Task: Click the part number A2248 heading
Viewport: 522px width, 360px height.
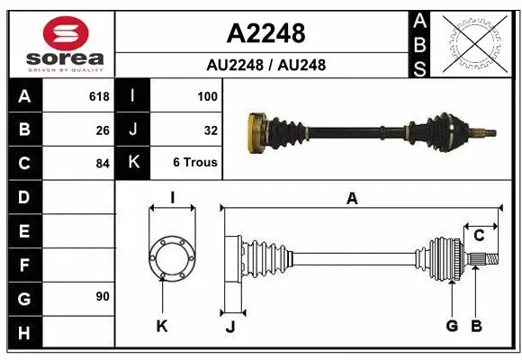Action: [x=265, y=33]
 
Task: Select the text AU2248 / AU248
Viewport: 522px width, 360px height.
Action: [x=265, y=65]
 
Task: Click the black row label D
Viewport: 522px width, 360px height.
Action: [x=23, y=196]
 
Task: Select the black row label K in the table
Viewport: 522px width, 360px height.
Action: [x=133, y=164]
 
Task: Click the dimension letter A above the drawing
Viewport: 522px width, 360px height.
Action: [x=352, y=199]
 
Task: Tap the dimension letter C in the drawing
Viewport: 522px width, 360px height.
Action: [x=479, y=236]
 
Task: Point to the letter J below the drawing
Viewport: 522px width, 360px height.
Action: [x=230, y=327]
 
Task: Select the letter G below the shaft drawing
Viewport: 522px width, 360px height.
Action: [x=452, y=326]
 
